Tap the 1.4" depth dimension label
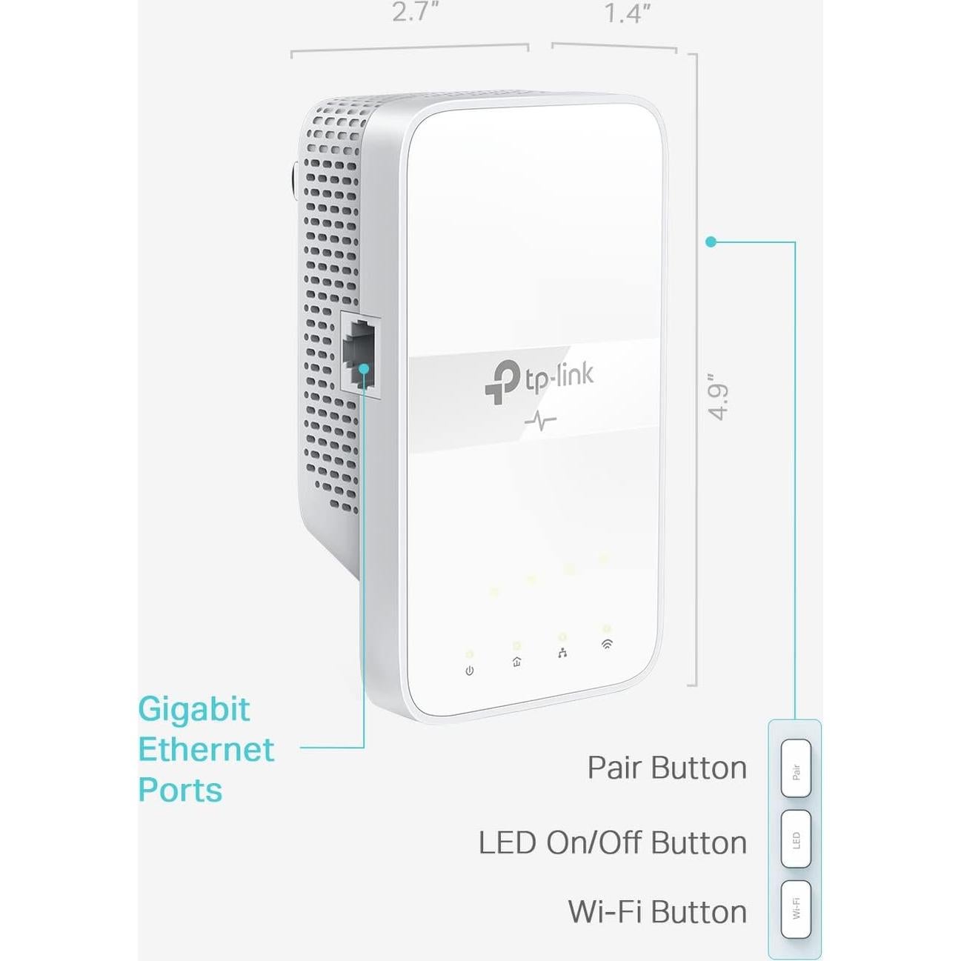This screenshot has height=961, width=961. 626,13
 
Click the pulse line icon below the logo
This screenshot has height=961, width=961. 540,422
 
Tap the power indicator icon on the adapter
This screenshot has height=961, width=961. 469,671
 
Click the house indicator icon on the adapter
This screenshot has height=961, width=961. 516,662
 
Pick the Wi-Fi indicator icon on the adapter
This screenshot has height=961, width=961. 607,644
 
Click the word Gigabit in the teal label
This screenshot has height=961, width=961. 194,710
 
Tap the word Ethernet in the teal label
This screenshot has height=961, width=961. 206,750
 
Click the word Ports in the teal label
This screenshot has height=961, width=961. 180,790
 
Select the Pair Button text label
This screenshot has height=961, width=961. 667,768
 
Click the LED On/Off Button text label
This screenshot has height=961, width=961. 612,843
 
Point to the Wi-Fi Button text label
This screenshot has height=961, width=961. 657,912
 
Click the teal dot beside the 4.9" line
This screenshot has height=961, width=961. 711,242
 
